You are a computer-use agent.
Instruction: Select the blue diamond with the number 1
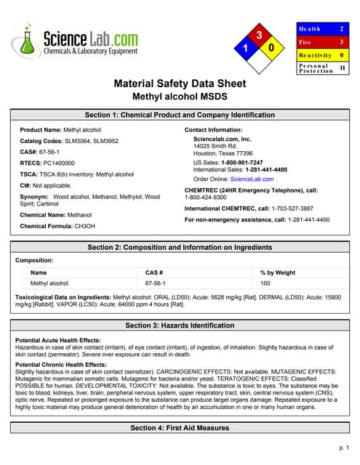(244, 48)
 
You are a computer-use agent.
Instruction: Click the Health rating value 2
(342, 28)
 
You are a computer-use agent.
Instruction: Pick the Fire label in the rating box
(305, 42)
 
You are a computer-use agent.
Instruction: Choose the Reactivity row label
(314, 55)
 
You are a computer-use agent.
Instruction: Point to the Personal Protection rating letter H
(342, 68)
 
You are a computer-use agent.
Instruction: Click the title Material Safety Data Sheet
(180, 84)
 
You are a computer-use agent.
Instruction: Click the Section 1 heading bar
(180, 115)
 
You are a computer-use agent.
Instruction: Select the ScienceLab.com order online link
(252, 179)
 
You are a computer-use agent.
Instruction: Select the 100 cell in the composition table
(265, 283)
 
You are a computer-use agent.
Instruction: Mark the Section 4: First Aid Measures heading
(180, 428)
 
